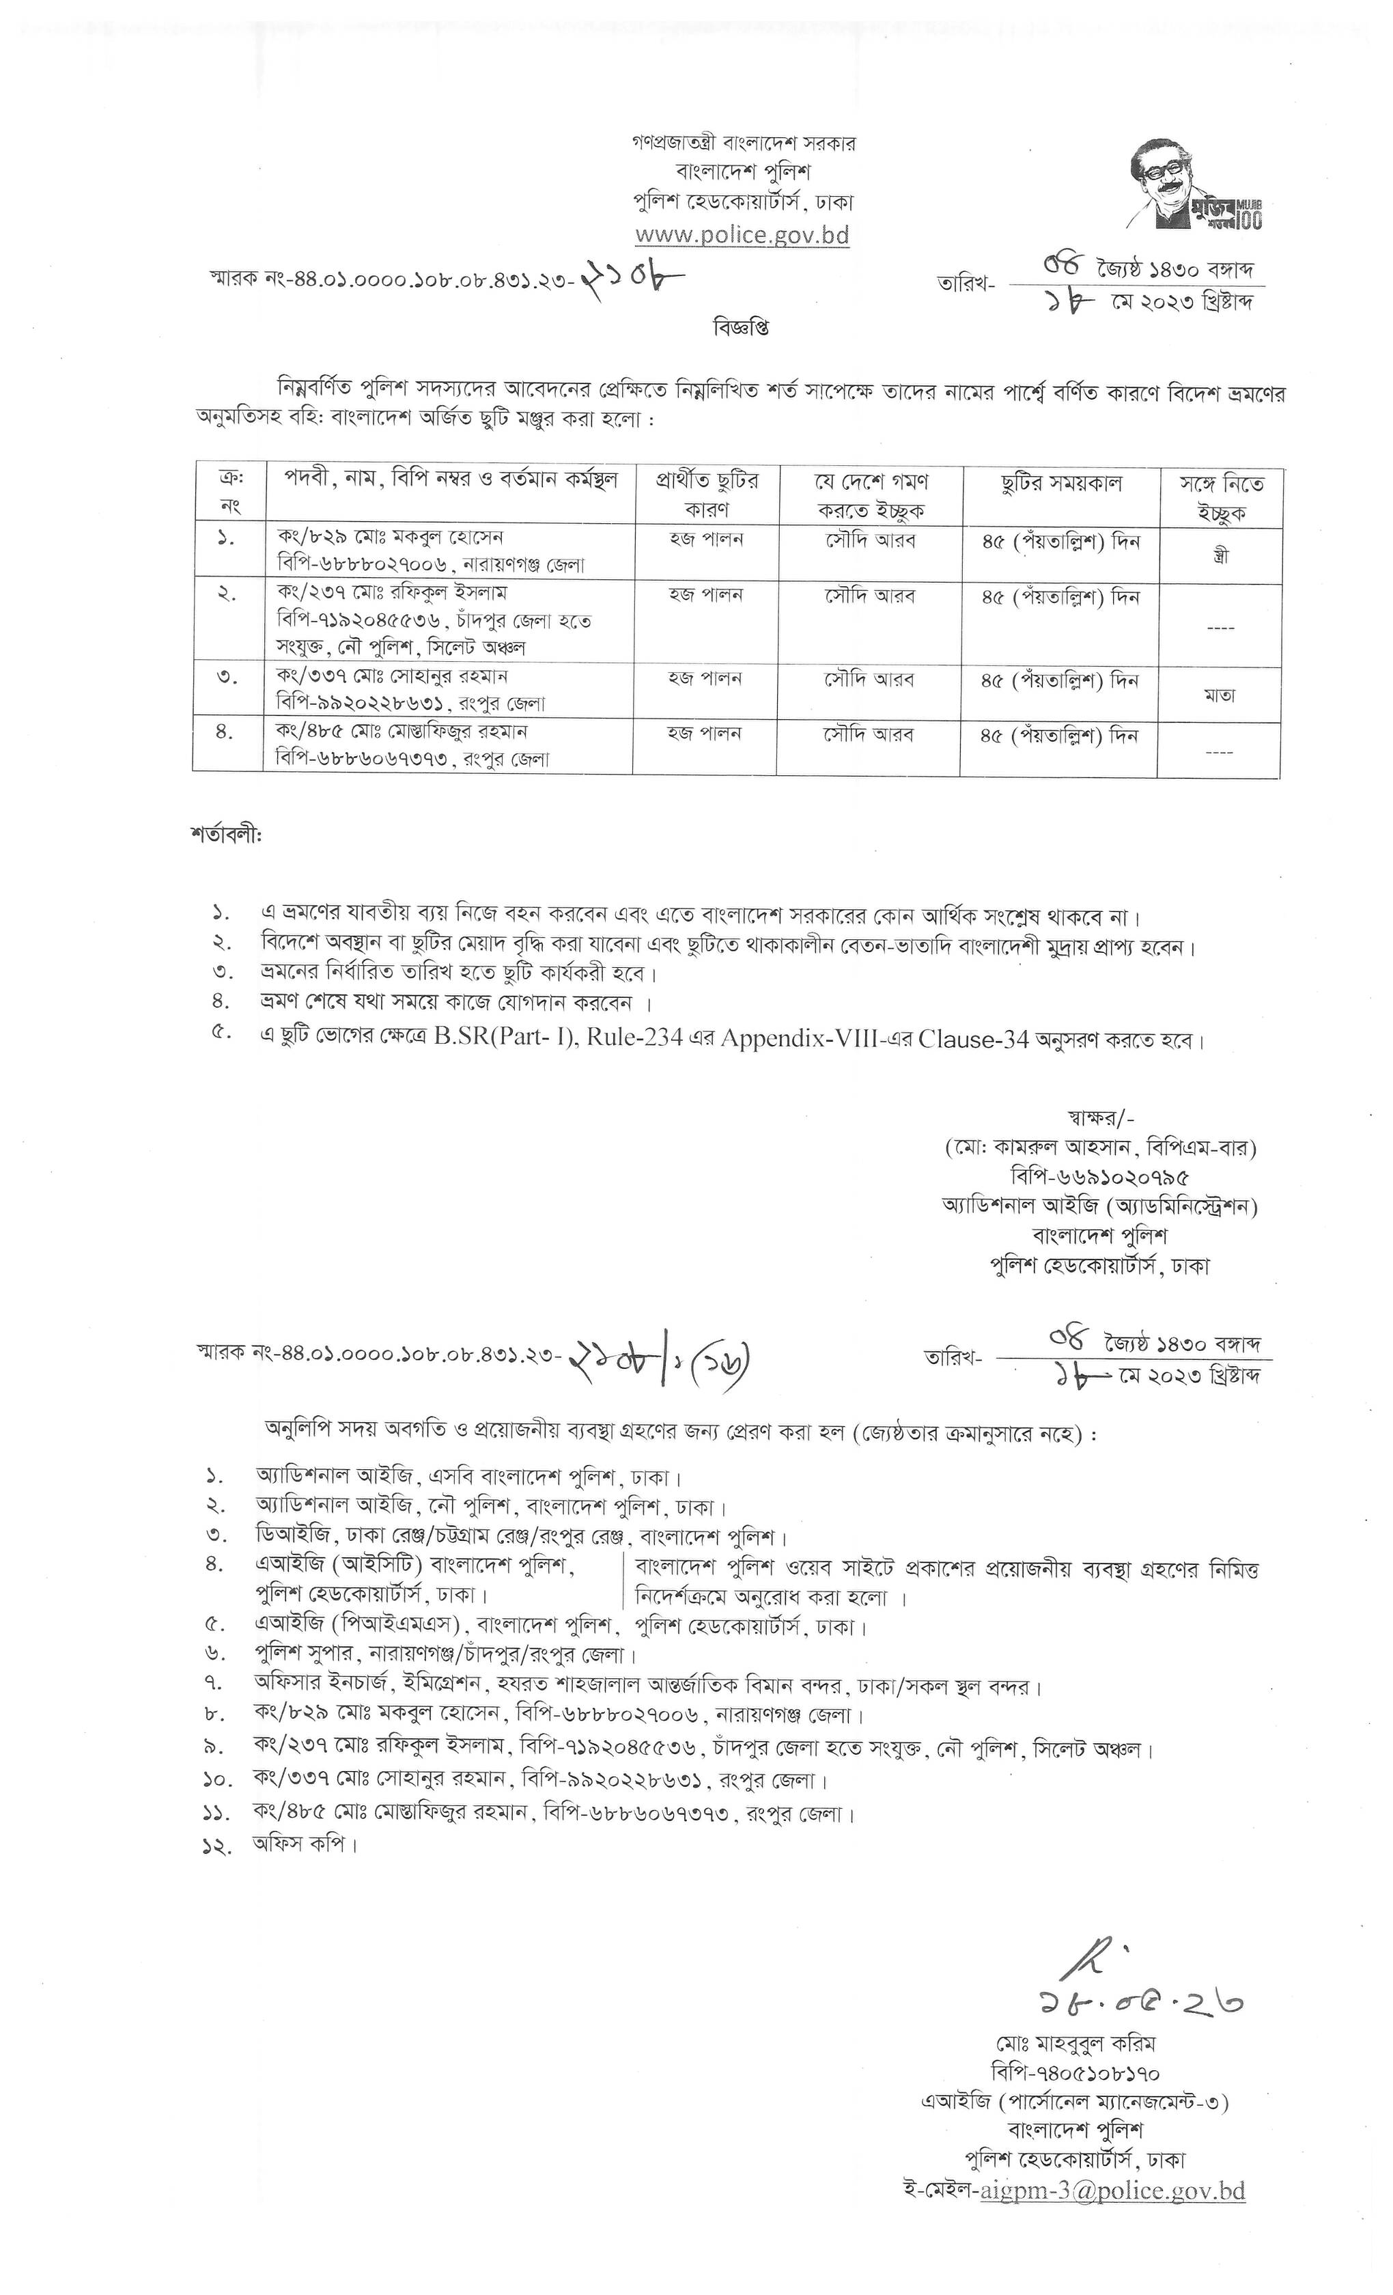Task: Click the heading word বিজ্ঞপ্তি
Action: click(742, 328)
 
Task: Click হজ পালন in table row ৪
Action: click(705, 734)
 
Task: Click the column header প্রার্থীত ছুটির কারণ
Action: click(707, 495)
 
